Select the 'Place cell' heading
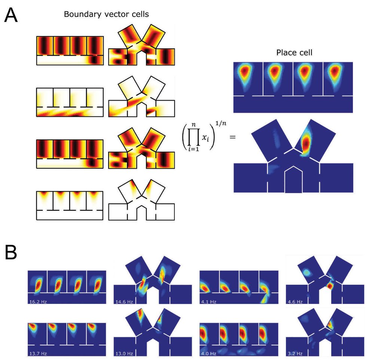point(293,53)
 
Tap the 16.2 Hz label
point(36,300)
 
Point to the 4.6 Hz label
point(294,300)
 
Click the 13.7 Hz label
point(36,353)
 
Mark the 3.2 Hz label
point(294,353)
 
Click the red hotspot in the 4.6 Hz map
point(330,286)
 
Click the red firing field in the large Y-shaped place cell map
point(306,143)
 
